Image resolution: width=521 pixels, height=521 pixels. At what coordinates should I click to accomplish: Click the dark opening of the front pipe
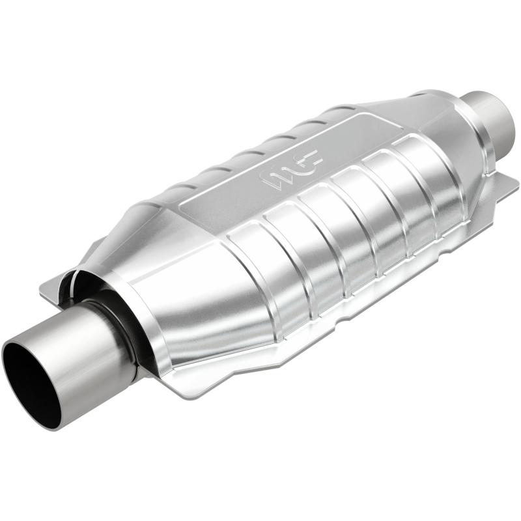click(x=31, y=384)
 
